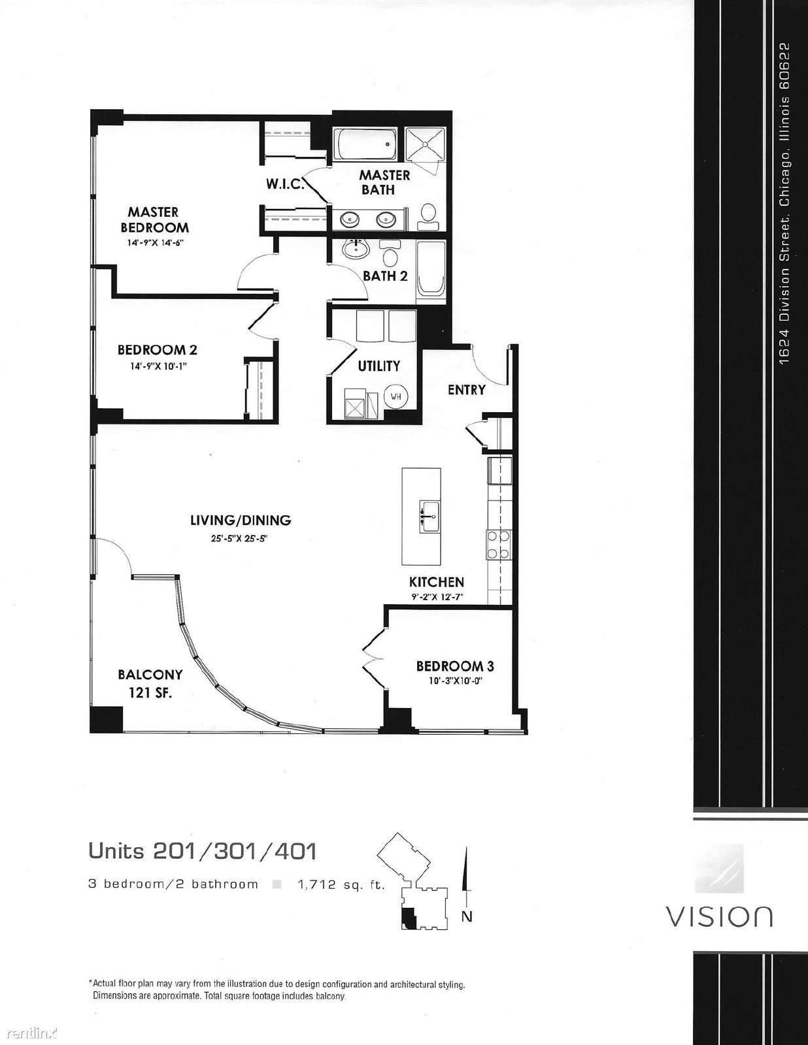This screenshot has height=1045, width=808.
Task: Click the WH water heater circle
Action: click(396, 396)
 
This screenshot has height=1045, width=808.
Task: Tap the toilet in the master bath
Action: click(428, 216)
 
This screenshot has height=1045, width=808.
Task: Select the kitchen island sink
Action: click(429, 517)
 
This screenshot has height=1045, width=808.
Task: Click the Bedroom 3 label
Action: click(455, 666)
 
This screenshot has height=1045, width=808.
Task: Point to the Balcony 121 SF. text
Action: click(150, 683)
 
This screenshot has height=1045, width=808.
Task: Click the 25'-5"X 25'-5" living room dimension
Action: click(239, 539)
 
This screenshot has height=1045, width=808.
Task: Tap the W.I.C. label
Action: click(284, 184)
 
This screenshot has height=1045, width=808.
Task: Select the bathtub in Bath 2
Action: click(431, 268)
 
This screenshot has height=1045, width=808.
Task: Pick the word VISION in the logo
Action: click(720, 916)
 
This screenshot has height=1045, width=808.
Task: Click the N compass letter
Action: click(466, 916)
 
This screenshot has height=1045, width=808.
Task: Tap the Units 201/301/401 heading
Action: click(203, 851)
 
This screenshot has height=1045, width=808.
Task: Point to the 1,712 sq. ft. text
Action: click(341, 885)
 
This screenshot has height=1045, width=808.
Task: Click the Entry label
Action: click(466, 389)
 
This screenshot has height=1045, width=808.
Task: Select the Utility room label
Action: click(379, 366)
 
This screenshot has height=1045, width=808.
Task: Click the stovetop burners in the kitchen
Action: click(499, 545)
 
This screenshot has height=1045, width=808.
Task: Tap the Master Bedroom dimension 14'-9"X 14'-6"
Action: click(156, 244)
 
